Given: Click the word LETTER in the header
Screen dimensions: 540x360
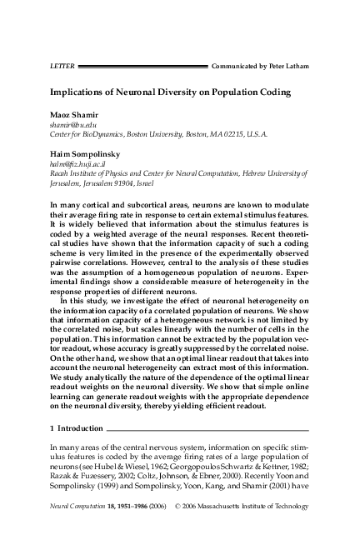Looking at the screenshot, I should (x=52, y=65).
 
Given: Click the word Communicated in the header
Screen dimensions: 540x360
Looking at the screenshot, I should (x=236, y=65).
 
